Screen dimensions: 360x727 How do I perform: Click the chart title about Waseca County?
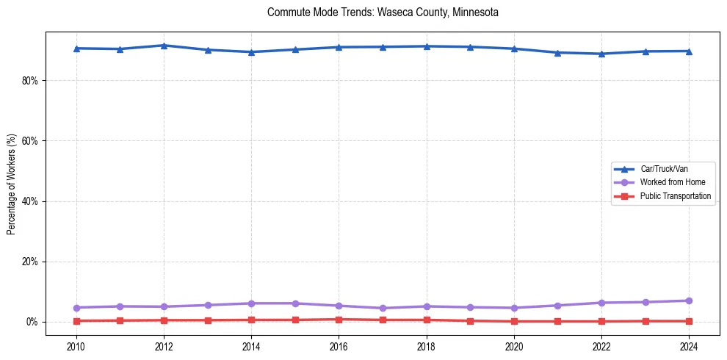(x=383, y=12)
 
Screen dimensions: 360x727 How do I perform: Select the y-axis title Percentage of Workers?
(x=11, y=184)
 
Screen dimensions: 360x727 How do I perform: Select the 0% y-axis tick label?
(x=31, y=322)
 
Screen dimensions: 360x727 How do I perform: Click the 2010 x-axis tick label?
(x=76, y=345)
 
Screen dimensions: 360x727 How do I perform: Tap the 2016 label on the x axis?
(x=339, y=345)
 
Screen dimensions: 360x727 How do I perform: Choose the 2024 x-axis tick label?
(x=689, y=345)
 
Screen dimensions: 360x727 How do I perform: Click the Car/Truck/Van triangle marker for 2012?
(x=164, y=46)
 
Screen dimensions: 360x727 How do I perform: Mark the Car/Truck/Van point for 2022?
(x=601, y=54)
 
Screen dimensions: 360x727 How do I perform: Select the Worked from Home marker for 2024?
(x=689, y=300)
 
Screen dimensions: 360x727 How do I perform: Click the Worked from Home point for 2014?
(x=251, y=303)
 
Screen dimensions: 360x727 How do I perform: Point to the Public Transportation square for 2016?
(x=339, y=320)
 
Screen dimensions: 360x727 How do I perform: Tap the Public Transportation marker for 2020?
(x=514, y=321)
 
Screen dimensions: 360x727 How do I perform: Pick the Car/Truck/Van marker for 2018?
(x=427, y=46)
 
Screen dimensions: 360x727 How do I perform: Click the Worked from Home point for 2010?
(x=76, y=308)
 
